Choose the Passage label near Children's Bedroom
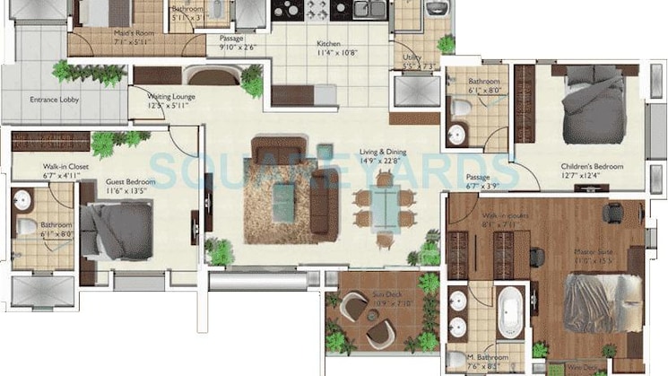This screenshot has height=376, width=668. (477, 178)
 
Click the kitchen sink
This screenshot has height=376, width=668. (366, 10)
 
